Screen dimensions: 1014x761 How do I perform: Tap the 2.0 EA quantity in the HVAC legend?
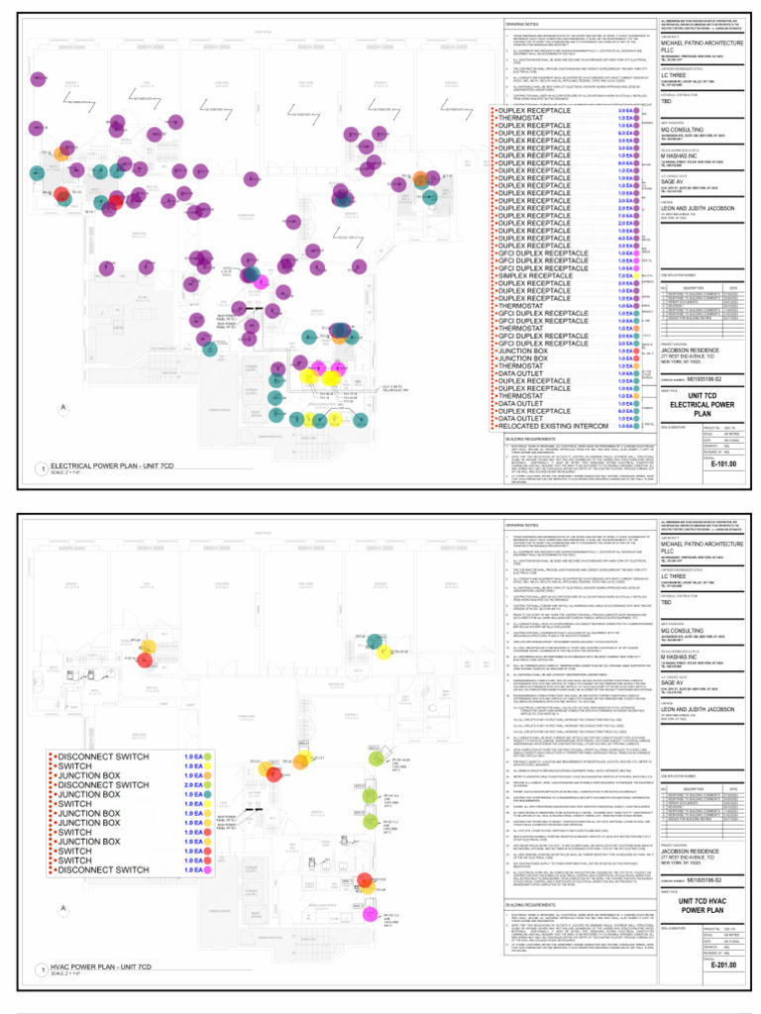pos(193,784)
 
